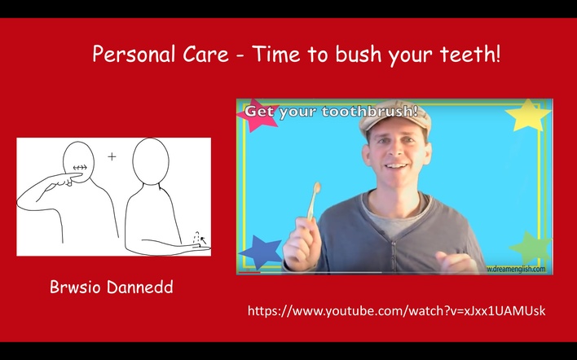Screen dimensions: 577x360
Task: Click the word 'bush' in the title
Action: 353,54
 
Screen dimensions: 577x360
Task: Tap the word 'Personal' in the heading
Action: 134,54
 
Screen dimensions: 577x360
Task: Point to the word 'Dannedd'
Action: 140,287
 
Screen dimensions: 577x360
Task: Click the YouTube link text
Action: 396,311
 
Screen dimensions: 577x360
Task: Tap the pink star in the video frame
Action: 257,115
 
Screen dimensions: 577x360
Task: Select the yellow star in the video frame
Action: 528,115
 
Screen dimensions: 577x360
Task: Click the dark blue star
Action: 261,252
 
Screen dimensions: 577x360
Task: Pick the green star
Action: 531,247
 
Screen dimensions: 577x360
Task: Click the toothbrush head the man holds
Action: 316,188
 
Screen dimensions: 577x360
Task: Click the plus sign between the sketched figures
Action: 112,157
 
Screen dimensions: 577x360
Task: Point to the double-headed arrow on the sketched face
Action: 80,168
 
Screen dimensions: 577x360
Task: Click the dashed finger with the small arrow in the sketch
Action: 198,239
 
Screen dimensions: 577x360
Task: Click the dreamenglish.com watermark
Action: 516,269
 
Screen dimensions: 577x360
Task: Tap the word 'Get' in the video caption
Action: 260,112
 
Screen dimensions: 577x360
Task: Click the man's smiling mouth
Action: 395,167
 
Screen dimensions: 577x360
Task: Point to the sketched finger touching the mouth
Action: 66,178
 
